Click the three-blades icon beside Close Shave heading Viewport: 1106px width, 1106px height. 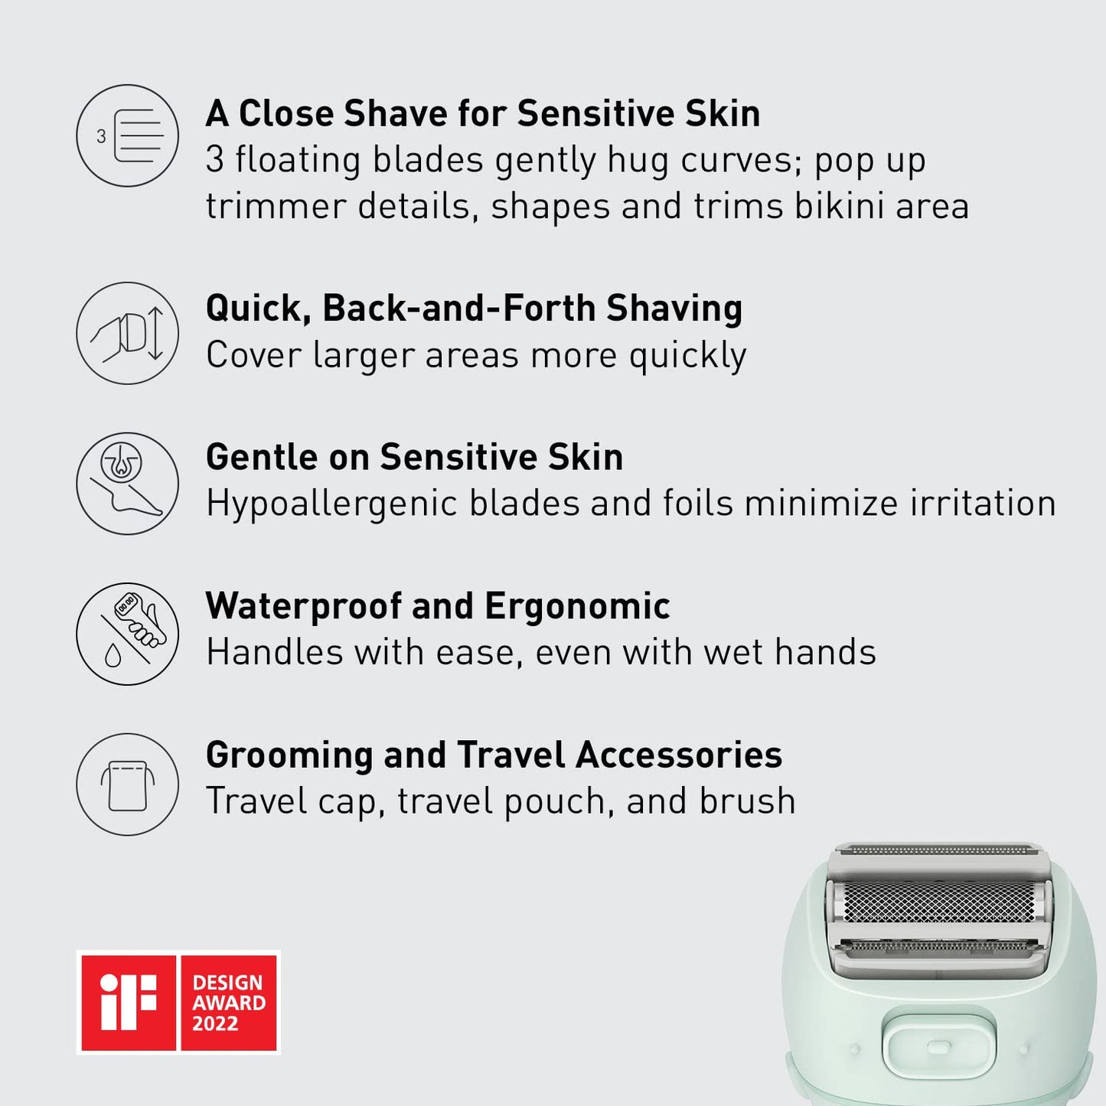(x=128, y=135)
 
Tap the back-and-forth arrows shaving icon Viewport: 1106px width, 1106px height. (x=128, y=333)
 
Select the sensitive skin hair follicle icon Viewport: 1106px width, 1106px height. (x=128, y=484)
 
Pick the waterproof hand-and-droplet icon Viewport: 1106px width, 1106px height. (x=128, y=634)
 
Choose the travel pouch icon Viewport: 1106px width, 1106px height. (x=128, y=785)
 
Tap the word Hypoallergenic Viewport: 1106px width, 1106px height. (x=331, y=504)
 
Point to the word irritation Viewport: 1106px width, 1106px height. (x=983, y=504)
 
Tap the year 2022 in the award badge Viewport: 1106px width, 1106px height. (x=215, y=1024)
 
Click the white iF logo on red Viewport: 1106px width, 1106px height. (x=128, y=1002)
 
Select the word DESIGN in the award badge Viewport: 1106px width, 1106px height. (x=227, y=983)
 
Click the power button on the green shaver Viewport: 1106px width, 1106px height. (x=931, y=1046)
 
